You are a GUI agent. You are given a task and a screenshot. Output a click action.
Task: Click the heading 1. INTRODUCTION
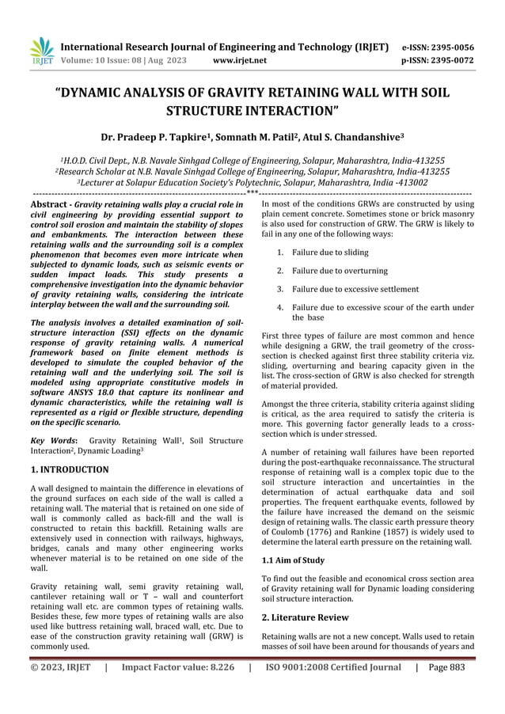[x=69, y=469]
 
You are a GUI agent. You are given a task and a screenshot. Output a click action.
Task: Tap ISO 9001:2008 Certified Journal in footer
[x=332, y=689]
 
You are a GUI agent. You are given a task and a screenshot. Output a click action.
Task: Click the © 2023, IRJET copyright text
[x=61, y=689]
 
